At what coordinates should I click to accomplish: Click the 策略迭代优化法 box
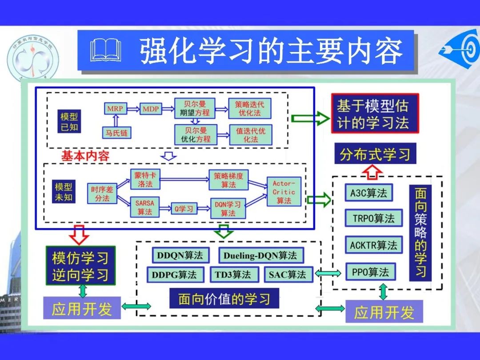(249, 108)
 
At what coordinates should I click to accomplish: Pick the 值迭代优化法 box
(250, 135)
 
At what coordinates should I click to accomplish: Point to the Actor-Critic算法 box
(284, 192)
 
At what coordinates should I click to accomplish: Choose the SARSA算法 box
(144, 207)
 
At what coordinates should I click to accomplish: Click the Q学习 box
(183, 208)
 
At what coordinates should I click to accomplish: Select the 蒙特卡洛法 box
(144, 179)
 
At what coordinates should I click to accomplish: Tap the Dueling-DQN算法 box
(260, 256)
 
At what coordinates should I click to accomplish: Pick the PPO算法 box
(370, 272)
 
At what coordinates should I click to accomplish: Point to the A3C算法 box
(368, 193)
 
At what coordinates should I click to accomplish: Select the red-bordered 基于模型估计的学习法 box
(375, 113)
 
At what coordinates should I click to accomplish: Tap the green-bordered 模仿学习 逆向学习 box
(80, 266)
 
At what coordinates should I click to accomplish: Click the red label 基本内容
(85, 156)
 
